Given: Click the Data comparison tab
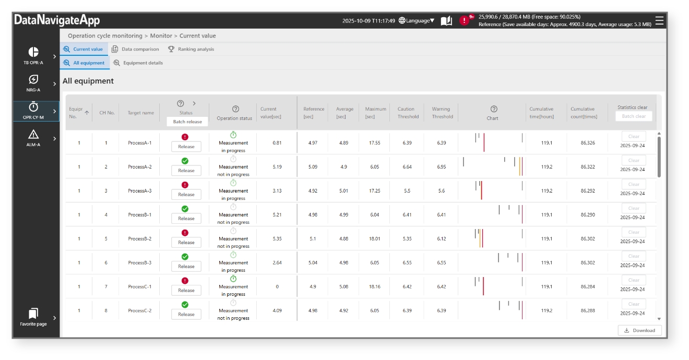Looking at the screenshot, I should tap(135, 49).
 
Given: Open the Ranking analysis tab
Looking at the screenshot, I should tap(191, 49).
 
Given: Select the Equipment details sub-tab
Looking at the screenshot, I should tap(138, 63).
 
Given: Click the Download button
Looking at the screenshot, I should tap(639, 330).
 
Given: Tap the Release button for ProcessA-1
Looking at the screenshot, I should tap(186, 147).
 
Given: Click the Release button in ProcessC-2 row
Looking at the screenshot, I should tap(186, 315).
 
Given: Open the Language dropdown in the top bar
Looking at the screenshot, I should tap(417, 21).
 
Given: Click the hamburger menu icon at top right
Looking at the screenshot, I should tap(660, 20).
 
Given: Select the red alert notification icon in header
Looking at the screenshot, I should tap(464, 20).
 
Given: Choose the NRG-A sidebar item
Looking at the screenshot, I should tap(33, 82).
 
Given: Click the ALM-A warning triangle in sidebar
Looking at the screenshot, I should tap(33, 137).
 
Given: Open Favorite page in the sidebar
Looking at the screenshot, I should tap(33, 317).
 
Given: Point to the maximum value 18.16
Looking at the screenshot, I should tap(374, 286).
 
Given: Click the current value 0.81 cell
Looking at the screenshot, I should tap(277, 142).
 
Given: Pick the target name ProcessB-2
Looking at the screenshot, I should tap(139, 238).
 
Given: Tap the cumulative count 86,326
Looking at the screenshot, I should tap(588, 142).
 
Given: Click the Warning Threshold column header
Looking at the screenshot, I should tap(442, 113).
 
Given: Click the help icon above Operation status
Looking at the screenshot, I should tap(235, 109).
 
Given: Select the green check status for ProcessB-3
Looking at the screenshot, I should tap(185, 257).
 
